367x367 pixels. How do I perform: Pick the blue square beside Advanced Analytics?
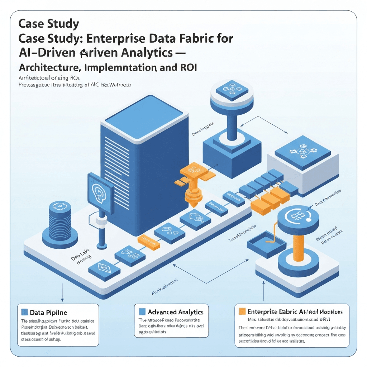pyautogui.click(x=142, y=312)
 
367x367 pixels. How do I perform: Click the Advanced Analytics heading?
pyautogui.click(x=176, y=312)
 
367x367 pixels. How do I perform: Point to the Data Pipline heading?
pyautogui.click(x=49, y=313)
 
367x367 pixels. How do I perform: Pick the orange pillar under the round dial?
pyautogui.click(x=299, y=247)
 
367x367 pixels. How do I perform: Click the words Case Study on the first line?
pyautogui.click(x=49, y=24)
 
